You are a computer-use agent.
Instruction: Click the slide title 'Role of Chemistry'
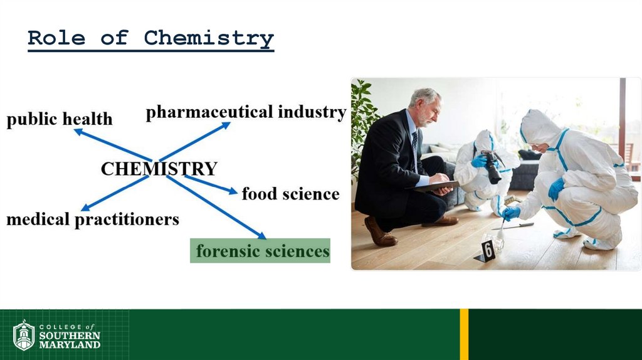tap(150, 38)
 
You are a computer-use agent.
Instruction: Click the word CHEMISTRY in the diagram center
tap(159, 169)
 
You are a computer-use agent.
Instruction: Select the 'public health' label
tap(60, 119)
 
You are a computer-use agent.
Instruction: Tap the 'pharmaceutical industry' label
tap(246, 112)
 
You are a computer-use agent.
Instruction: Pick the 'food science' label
tap(290, 194)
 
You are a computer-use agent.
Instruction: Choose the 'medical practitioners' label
tap(93, 220)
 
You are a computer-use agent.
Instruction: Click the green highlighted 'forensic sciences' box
tap(260, 251)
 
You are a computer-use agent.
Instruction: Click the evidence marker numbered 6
tap(487, 250)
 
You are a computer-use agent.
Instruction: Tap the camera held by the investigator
tap(492, 167)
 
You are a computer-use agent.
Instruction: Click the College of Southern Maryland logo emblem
tap(23, 335)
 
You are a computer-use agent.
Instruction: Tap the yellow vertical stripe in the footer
tap(464, 334)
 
